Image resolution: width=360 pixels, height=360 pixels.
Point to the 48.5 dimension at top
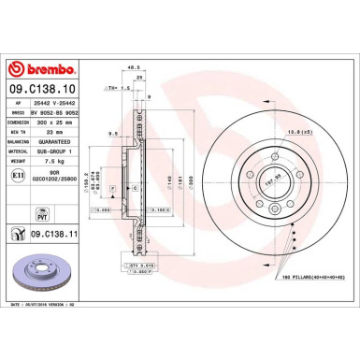point(134,67)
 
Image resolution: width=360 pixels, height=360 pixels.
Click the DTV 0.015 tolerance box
point(140,266)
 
